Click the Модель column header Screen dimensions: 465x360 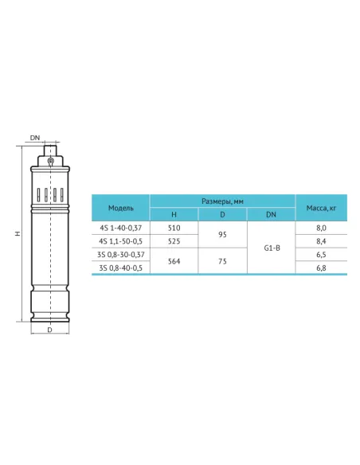click(121, 207)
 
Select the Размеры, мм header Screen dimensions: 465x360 click(222, 200)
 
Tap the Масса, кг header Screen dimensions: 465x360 click(322, 207)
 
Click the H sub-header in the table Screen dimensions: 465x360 click(174, 214)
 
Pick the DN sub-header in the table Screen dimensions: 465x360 click(271, 214)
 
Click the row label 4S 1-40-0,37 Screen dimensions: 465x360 click(121, 228)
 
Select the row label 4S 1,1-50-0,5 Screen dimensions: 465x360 click(121, 241)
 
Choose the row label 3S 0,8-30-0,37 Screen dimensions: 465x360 click(121, 255)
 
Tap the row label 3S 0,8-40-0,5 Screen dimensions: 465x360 click(121, 268)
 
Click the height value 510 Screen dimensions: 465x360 click(174, 228)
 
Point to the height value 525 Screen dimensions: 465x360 click(174, 241)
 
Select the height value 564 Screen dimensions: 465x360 click(174, 261)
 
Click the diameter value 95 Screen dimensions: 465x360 click(222, 234)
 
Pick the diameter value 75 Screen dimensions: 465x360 click(222, 261)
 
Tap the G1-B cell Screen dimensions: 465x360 click(271, 248)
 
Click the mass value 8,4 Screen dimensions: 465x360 click(322, 241)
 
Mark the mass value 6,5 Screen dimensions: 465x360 click(322, 255)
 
